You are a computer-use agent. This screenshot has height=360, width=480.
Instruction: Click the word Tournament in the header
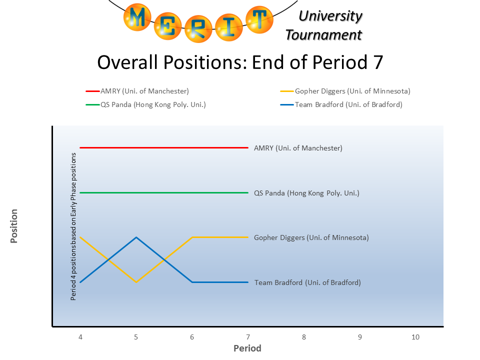pyautogui.click(x=323, y=35)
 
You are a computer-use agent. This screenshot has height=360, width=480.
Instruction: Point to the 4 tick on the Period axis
pyautogui.click(x=80, y=337)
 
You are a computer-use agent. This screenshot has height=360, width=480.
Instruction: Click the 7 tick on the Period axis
pyautogui.click(x=248, y=337)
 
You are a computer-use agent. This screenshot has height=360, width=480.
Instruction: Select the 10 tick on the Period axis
pyautogui.click(x=415, y=337)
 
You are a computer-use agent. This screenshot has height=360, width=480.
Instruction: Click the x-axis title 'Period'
pyautogui.click(x=247, y=348)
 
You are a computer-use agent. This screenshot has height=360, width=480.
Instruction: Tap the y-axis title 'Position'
pyautogui.click(x=14, y=226)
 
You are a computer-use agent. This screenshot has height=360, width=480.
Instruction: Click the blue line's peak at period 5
pyautogui.click(x=136, y=237)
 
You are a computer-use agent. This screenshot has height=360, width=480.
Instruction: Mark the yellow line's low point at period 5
pyautogui.click(x=136, y=282)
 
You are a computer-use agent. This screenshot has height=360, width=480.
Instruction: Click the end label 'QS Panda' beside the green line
pyautogui.click(x=306, y=193)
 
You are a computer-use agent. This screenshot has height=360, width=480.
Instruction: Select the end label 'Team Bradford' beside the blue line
pyautogui.click(x=307, y=282)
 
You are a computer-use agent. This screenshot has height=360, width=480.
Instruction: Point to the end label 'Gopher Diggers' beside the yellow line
pyautogui.click(x=311, y=237)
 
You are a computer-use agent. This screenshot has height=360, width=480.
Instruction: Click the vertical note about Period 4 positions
pyautogui.click(x=73, y=226)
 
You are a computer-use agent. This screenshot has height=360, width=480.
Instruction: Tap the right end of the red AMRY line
pyautogui.click(x=247, y=147)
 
